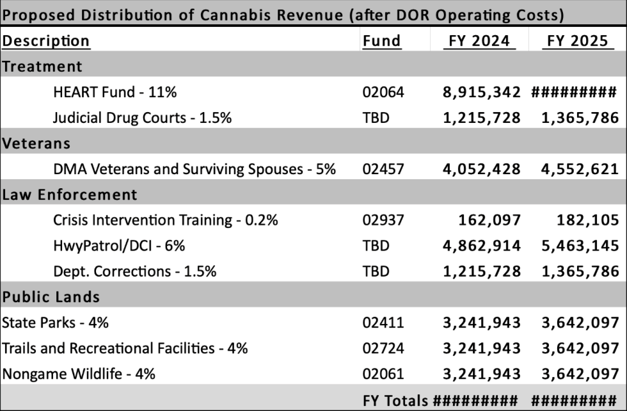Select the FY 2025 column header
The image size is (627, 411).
576,41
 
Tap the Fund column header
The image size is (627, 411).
381,41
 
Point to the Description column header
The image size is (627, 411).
45,41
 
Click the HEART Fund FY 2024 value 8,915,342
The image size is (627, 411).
482,92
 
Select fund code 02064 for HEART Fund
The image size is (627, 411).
383,92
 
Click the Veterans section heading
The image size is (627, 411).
36,143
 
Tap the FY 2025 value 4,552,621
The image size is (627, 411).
575,169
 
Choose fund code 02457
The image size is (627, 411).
383,169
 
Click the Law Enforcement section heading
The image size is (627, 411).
69,195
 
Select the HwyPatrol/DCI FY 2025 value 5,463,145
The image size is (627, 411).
575,246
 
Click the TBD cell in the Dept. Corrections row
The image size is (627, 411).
376,271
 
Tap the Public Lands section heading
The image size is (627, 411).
51,297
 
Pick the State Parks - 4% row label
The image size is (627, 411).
55,323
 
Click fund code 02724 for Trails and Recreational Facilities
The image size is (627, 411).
383,348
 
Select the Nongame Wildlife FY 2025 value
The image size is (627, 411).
575,374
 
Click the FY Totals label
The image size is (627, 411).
395,401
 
